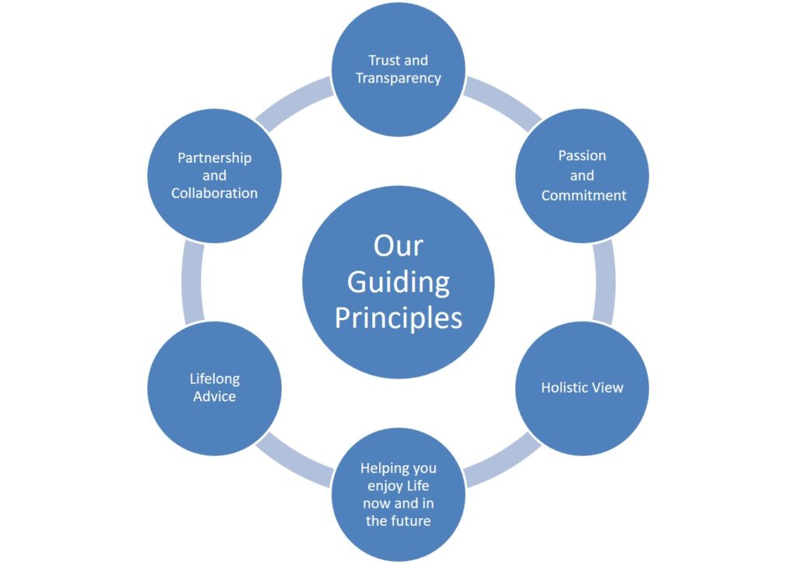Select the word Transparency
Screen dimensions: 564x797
coord(398,78)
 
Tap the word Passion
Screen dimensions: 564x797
coord(582,156)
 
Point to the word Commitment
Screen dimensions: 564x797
coord(584,196)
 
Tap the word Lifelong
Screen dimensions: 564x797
coord(215,379)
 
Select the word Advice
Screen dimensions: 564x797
coord(215,397)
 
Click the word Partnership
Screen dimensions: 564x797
coord(215,158)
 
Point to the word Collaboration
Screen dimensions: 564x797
coord(215,193)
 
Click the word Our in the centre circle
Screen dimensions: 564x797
coord(398,245)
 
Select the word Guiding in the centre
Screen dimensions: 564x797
coord(398,282)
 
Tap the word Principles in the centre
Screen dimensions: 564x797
coord(398,318)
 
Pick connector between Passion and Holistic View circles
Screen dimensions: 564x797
coord(603,282)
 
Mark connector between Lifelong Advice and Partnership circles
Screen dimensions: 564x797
coord(192,282)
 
